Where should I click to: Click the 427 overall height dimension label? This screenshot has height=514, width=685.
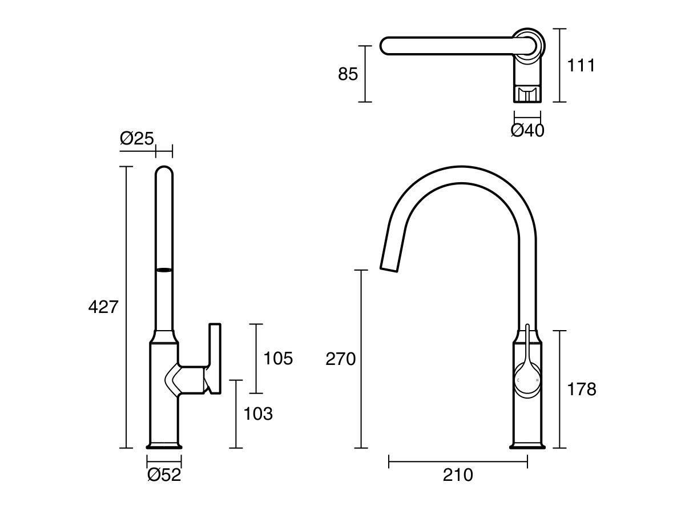103,307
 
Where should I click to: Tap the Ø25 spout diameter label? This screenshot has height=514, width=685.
137,138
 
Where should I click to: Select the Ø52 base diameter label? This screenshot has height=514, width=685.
164,475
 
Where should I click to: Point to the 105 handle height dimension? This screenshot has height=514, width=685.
278,359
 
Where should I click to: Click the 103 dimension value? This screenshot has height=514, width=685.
258,413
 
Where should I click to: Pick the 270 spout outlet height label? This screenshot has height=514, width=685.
340,359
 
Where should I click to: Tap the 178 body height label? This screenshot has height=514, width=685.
581,389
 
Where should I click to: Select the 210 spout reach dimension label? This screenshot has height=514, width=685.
458,475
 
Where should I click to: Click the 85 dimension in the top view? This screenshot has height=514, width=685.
348,74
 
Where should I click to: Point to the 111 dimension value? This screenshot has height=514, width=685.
581,66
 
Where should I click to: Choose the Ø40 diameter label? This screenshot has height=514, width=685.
527,131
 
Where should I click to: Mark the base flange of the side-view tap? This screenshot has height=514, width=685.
164,445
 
